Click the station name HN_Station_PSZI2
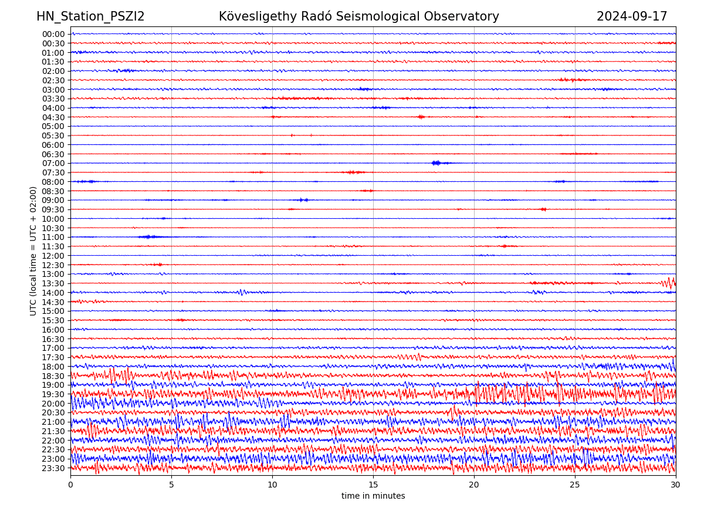tap(90, 16)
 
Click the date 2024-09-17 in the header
tap(632, 16)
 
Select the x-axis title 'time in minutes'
tap(373, 496)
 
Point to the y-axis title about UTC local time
tap(33, 251)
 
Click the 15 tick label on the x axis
tap(373, 485)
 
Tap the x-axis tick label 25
tap(575, 485)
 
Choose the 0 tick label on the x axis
tap(70, 485)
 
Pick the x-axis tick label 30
tap(676, 485)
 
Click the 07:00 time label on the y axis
tap(53, 163)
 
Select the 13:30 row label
tap(53, 283)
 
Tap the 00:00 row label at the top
tap(53, 34)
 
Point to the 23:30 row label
tap(53, 468)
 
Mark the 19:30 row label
tap(53, 394)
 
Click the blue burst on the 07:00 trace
tap(437, 163)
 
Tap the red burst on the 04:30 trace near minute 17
tap(421, 117)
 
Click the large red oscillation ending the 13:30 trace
tap(669, 283)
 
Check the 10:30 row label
tap(53, 228)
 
